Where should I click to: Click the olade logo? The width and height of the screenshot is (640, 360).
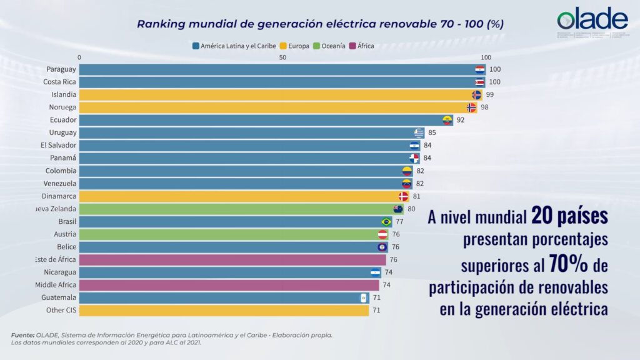pos(592,21)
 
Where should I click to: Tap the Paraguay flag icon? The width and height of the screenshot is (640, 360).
pos(479,69)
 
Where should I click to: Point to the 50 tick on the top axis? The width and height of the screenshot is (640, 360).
pos(282,57)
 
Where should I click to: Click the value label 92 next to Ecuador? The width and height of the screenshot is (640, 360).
pos(461,120)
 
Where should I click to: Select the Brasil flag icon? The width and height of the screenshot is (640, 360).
pos(386,222)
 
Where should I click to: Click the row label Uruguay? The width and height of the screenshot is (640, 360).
pos(62,132)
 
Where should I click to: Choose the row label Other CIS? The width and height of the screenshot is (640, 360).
pos(61,311)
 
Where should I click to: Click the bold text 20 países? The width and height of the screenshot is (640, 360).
pos(569,217)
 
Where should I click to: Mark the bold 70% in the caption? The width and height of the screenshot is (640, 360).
pos(568,265)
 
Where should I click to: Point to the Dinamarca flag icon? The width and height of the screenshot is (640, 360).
pos(403,196)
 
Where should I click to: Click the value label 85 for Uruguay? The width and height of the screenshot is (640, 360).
pos(432,132)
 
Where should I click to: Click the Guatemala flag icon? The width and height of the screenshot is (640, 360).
pos(363,298)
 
